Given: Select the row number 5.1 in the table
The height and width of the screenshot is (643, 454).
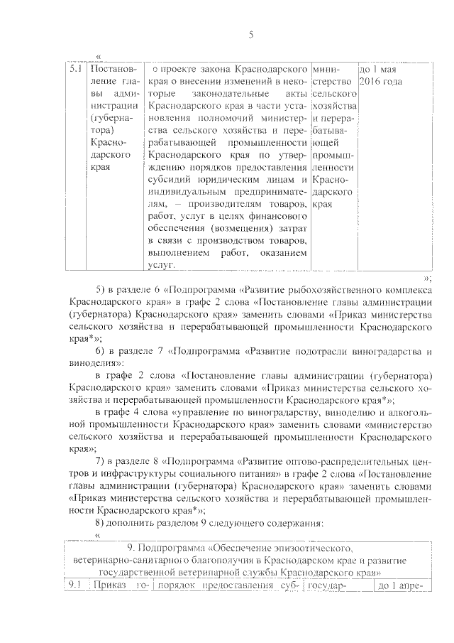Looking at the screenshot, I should coord(77,70).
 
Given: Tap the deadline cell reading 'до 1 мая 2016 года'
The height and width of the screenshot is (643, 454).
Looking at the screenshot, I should coord(382,76).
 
